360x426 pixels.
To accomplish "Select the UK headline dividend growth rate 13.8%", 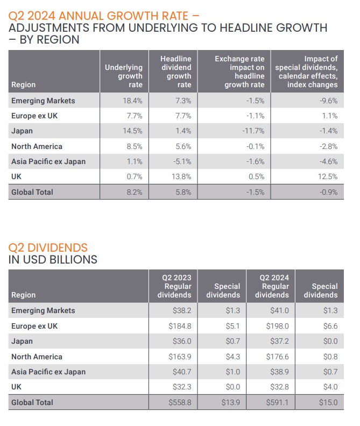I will click(183, 176).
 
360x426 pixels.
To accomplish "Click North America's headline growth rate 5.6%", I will click(183, 146).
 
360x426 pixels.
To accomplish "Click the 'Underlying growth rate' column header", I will click(124, 76).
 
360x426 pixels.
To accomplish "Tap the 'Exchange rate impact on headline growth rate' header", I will click(239, 72).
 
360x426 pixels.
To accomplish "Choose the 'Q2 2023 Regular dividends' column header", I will click(174, 286).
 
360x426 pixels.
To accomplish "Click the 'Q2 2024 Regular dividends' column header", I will click(272, 286).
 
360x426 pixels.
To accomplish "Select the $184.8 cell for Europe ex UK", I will click(180, 326).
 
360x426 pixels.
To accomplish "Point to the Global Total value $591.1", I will click(277, 402).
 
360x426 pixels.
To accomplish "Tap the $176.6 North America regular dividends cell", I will click(277, 357).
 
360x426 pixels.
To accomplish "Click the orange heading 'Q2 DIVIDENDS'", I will click(48, 248).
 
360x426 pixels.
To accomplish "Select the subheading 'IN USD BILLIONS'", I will click(53, 260).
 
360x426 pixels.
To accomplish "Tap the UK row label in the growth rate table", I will click(17, 176).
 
